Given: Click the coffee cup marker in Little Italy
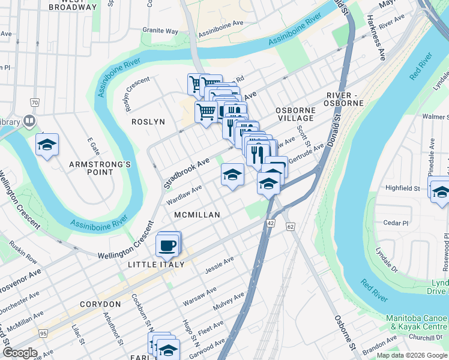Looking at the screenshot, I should pyautogui.click(x=167, y=245).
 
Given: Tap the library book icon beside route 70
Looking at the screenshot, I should pyautogui.click(x=28, y=122).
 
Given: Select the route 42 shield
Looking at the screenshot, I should pyautogui.click(x=271, y=223).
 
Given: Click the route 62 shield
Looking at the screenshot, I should pyautogui.click(x=291, y=227).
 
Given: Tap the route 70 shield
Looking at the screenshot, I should pyautogui.click(x=35, y=103).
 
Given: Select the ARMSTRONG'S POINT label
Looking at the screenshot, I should pyautogui.click(x=91, y=168).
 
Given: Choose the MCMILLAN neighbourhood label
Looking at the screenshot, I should pyautogui.click(x=197, y=214).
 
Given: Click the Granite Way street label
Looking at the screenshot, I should pyautogui.click(x=160, y=31).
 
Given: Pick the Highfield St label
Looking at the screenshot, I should pyautogui.click(x=402, y=188).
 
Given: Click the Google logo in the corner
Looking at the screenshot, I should pyautogui.click(x=19, y=353).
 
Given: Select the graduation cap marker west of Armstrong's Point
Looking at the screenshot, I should pyautogui.click(x=47, y=145).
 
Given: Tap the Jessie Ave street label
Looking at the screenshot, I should pyautogui.click(x=219, y=263).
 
